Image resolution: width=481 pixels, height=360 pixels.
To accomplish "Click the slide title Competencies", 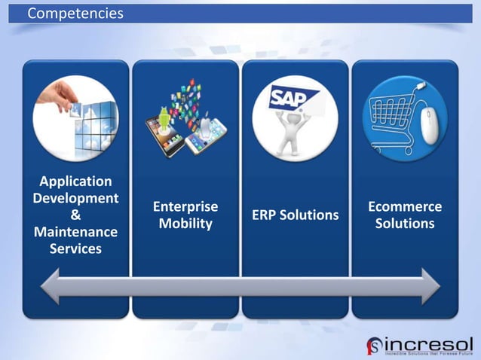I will (x=75, y=14).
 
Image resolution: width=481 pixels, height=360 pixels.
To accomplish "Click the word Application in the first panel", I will (x=75, y=182).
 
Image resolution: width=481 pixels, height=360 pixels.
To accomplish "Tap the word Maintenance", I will (x=75, y=231).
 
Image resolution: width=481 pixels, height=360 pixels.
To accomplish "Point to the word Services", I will (x=75, y=248).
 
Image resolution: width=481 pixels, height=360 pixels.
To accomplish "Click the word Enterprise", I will (x=185, y=206).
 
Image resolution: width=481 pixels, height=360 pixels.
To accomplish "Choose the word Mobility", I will (x=185, y=224).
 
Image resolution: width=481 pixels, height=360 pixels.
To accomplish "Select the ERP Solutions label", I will (x=295, y=215).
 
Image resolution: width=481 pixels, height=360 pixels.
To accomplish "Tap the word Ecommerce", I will (x=405, y=206).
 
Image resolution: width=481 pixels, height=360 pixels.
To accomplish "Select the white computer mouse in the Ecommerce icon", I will (x=428, y=124).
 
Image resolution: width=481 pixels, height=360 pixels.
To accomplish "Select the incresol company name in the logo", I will (x=429, y=340).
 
